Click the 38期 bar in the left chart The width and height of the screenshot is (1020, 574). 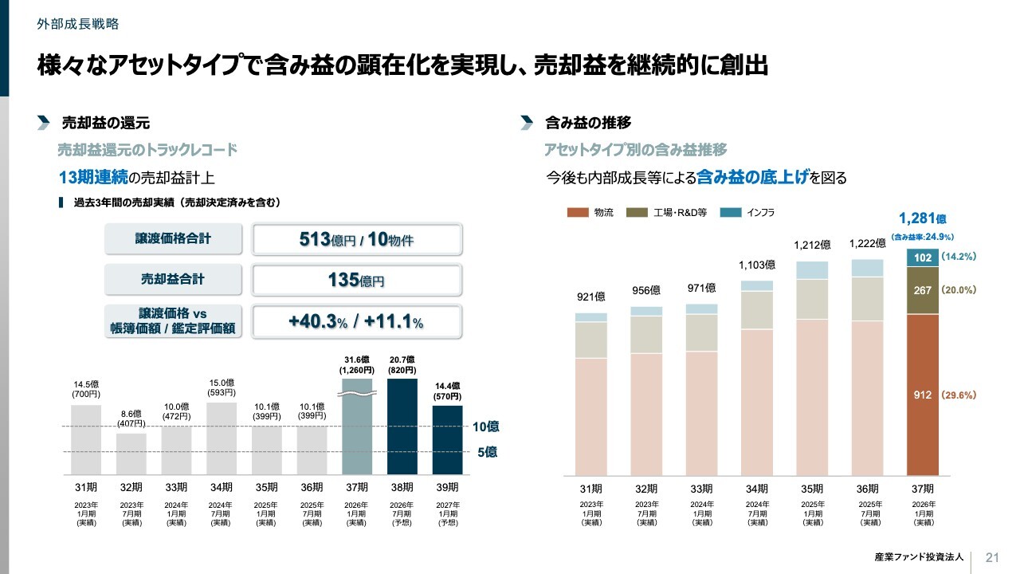point(402,427)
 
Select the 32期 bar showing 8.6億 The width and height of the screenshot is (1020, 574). point(131,454)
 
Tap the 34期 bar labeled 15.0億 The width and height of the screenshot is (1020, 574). point(222,438)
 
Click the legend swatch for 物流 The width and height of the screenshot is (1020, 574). point(577,213)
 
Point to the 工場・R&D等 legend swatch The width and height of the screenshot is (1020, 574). point(637,213)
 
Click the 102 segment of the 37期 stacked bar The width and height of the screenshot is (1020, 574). point(923,258)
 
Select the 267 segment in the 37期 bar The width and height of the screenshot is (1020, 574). point(923,290)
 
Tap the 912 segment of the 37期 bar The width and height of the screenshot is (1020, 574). point(923,395)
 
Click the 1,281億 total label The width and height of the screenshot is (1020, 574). point(922,218)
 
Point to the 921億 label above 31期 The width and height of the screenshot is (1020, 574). point(590,297)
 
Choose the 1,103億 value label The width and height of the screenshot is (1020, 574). point(757,265)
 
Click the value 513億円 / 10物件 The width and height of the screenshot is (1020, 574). point(356,239)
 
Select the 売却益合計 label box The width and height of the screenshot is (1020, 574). point(173,280)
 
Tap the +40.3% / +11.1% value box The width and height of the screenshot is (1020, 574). point(356,321)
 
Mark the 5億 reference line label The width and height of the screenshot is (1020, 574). point(488,452)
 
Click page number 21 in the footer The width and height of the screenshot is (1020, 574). point(992,556)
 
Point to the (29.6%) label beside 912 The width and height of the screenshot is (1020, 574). point(959,395)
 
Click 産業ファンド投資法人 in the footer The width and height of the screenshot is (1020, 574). point(918,556)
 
